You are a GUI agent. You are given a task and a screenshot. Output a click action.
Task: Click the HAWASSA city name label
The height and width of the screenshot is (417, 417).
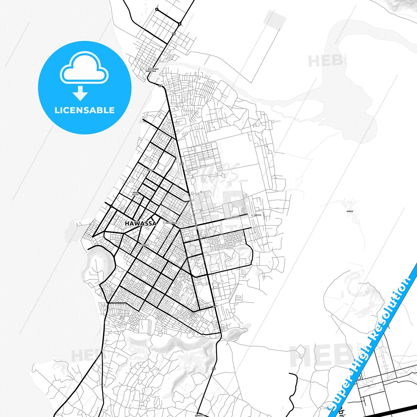(141, 223)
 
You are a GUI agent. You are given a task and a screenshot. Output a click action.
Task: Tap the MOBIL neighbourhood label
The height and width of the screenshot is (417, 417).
(150, 170)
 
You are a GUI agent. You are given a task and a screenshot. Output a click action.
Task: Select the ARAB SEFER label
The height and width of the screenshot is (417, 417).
(135, 193)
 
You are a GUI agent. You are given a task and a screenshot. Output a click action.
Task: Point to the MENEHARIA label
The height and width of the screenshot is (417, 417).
(172, 223)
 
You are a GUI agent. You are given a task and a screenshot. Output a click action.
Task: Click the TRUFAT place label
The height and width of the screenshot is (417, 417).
(145, 245)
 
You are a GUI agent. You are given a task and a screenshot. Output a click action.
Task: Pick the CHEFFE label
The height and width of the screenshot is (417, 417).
(257, 215)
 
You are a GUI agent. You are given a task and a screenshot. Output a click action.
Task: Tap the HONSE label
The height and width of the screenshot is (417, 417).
(350, 211)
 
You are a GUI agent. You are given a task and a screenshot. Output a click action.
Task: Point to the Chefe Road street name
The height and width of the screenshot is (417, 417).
(233, 217)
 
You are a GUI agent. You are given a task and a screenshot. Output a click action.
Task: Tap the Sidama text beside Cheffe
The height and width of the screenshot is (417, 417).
(264, 215)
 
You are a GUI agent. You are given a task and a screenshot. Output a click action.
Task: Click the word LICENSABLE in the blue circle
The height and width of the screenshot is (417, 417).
(85, 110)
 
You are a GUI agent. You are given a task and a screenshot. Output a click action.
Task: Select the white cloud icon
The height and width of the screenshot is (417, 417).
(84, 68)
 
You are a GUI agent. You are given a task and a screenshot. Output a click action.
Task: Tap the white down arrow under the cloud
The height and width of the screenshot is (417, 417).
(80, 93)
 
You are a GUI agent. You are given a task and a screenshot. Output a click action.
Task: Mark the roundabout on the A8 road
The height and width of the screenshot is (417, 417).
(179, 24)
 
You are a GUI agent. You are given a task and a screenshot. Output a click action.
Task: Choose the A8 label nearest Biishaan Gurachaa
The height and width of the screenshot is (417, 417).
(160, 86)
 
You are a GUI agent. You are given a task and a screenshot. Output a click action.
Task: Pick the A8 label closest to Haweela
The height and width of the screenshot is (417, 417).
(214, 369)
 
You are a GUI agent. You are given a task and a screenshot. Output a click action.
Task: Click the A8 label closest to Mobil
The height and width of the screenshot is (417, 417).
(182, 164)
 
